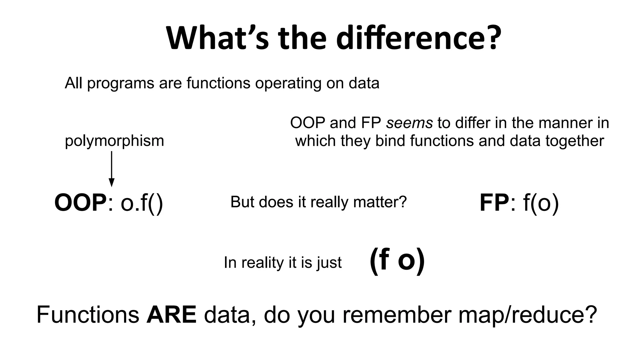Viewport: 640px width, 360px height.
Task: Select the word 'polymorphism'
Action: click(114, 141)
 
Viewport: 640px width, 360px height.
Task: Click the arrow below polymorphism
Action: click(112, 169)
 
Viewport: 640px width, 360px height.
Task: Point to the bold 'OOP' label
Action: click(81, 203)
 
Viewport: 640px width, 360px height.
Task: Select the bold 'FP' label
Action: click(494, 203)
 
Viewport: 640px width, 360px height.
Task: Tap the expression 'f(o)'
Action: click(541, 203)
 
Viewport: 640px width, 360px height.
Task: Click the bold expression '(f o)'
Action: click(397, 261)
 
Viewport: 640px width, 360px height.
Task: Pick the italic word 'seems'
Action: click(409, 123)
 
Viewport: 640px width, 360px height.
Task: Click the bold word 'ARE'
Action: click(172, 314)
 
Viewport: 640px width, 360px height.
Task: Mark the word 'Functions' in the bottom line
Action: click(88, 314)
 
